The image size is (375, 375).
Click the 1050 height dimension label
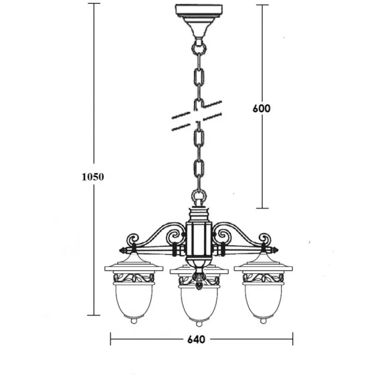(93, 177)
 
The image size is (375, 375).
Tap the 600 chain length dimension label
(262, 108)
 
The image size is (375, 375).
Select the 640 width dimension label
(196, 339)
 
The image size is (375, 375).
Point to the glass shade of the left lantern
(134, 300)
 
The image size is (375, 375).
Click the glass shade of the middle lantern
(199, 303)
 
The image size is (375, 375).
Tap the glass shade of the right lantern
(263, 300)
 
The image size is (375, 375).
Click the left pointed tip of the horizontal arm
(120, 250)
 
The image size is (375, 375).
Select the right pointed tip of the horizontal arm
(277, 250)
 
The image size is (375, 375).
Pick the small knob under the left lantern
(134, 321)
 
